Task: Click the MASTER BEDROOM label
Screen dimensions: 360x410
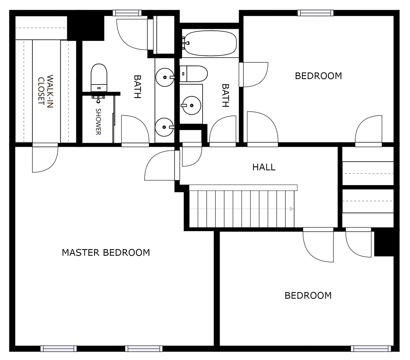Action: [x=106, y=253]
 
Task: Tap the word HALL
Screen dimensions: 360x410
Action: [x=264, y=167]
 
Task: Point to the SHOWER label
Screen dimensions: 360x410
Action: [x=98, y=121]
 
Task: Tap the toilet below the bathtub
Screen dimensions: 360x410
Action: [x=194, y=74]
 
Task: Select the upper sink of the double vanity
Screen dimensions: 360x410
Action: [x=165, y=77]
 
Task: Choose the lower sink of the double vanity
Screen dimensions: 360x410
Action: [x=165, y=128]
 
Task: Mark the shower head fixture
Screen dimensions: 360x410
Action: [x=98, y=97]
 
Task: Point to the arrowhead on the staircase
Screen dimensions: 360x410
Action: [x=292, y=209]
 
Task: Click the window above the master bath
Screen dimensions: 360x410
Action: [x=127, y=13]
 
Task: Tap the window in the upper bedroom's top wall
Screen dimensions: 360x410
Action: [x=316, y=13]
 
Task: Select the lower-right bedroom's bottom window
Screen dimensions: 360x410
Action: [x=370, y=348]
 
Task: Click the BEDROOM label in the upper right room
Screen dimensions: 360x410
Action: [x=318, y=76]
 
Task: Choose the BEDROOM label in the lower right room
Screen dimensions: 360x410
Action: [x=308, y=296]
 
